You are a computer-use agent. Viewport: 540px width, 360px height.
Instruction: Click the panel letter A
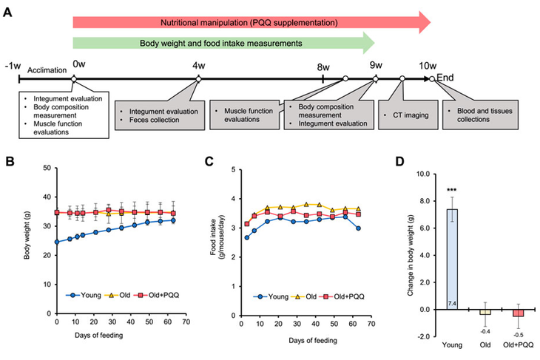8,11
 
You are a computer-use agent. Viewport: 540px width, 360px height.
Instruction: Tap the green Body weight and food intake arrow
222,44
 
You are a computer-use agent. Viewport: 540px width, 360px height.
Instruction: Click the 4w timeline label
198,66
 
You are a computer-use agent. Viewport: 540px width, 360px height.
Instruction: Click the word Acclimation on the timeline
46,70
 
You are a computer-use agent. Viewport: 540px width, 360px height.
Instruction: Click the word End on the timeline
445,78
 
